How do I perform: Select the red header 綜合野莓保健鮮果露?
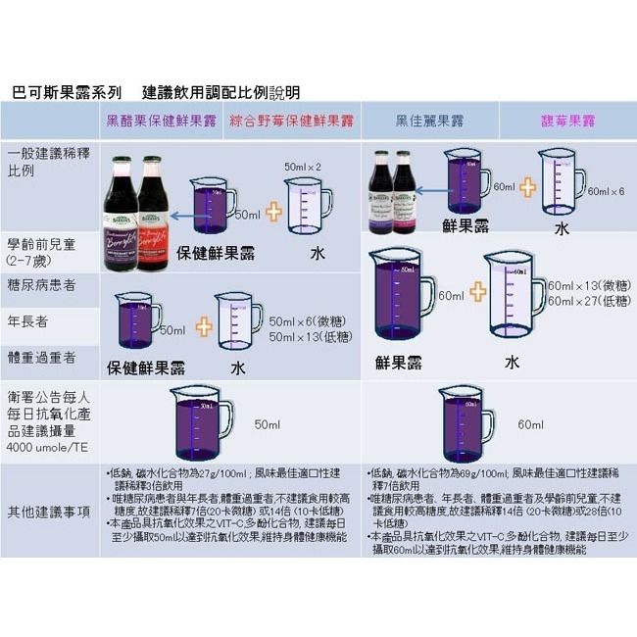(x=291, y=122)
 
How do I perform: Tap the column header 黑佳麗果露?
(x=429, y=122)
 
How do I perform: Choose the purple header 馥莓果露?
(x=567, y=122)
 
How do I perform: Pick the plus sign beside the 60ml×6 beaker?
(x=527, y=187)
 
